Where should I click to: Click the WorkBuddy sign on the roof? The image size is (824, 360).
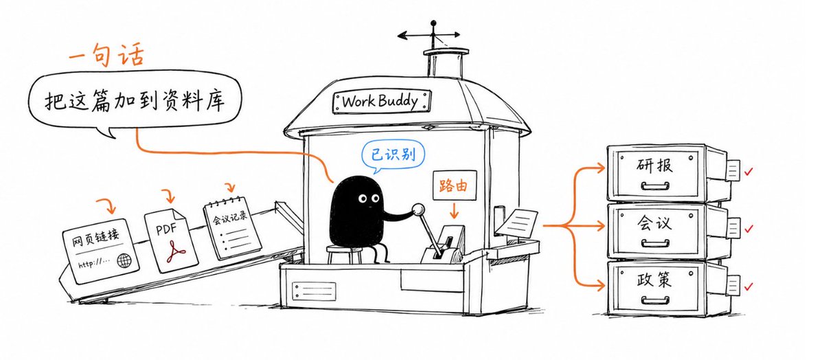[382, 101]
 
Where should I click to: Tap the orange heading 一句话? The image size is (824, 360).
[106, 55]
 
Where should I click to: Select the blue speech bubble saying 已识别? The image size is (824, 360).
[393, 155]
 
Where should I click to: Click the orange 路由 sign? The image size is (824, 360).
[455, 185]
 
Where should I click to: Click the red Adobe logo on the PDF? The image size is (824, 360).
[176, 251]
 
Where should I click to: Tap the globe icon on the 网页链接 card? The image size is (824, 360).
[124, 260]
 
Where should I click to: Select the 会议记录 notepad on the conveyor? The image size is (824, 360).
[232, 228]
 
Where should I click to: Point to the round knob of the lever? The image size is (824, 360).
[418, 210]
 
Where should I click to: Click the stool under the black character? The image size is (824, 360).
[345, 254]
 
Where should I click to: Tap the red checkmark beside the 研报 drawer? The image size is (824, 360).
[748, 171]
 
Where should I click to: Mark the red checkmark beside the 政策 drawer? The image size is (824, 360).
[748, 286]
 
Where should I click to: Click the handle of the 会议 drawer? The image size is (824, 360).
[655, 243]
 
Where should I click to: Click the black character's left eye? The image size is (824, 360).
[363, 199]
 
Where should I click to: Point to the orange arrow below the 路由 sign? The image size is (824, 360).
[455, 210]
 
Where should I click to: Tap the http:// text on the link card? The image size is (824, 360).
[94, 263]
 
